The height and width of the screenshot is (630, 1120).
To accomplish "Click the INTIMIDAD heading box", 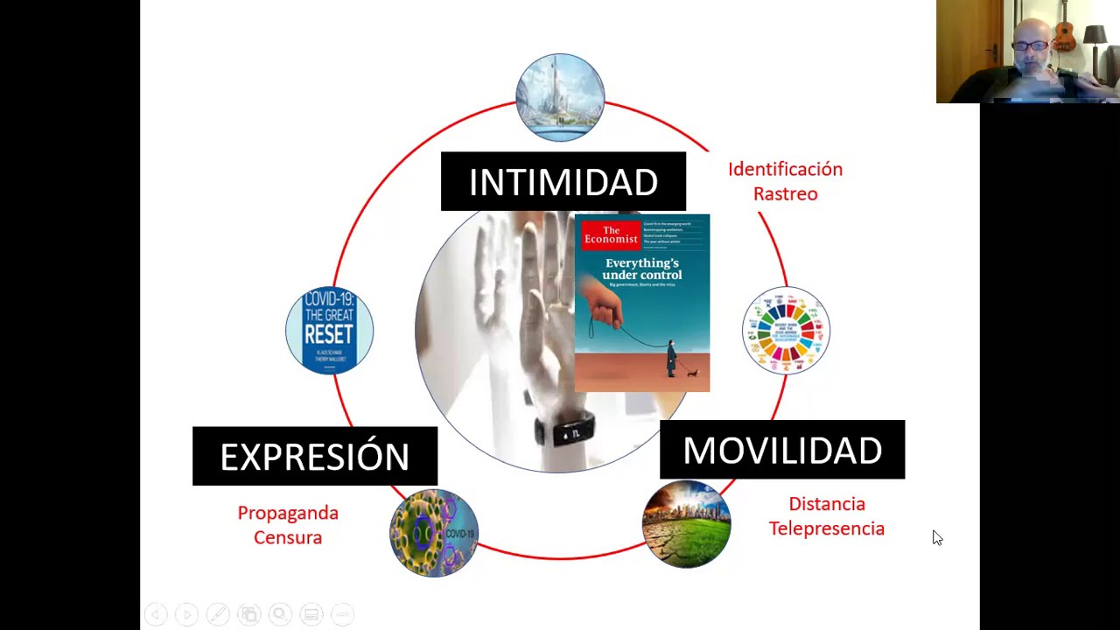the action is point(563,182).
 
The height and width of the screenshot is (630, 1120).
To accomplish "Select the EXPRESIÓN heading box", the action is point(314,456).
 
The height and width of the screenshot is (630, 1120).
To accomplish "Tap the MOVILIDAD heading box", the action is point(781,450).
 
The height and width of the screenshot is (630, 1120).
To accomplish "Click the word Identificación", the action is point(785,169).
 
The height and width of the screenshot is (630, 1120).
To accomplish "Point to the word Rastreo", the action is point(785,193).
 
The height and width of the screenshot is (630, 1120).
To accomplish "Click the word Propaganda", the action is point(288,513).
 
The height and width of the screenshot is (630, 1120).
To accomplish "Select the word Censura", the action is point(288,537).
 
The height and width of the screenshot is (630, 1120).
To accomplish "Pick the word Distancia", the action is point(826,504).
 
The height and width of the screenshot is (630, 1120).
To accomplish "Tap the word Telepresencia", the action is point(826,528).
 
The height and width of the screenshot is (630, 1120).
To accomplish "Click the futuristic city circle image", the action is point(560,97).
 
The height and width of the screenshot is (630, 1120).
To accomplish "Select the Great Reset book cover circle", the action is point(330,331).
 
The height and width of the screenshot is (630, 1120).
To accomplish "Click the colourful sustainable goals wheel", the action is point(785,331).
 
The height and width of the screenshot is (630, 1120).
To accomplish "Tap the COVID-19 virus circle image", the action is point(434,533).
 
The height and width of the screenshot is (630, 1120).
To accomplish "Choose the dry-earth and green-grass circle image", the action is point(686,524).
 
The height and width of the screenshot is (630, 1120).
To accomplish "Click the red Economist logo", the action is point(611,235).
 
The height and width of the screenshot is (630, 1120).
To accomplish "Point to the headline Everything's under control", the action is point(641,269).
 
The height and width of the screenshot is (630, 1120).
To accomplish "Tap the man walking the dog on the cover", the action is point(672,358).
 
